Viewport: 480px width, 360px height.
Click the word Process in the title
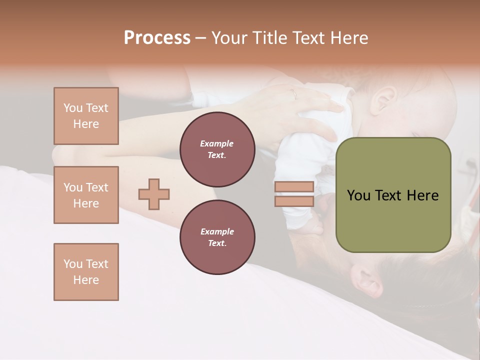point(157,38)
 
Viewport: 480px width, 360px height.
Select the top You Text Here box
point(86,116)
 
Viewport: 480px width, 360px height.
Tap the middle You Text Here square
point(86,195)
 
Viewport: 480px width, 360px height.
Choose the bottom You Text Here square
point(86,272)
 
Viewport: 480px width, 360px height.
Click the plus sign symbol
point(154,194)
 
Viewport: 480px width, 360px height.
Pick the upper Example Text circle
point(217,149)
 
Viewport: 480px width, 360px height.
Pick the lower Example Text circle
point(217,237)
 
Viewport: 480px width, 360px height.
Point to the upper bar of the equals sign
point(294,186)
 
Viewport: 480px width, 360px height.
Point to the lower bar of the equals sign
point(294,201)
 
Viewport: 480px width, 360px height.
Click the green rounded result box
point(393,195)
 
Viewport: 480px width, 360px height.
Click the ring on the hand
point(294,94)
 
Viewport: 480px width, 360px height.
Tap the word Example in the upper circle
point(217,143)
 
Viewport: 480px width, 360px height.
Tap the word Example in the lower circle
point(217,231)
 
